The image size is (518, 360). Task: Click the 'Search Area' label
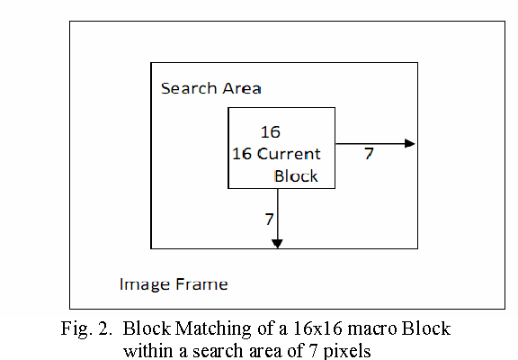pyautogui.click(x=210, y=88)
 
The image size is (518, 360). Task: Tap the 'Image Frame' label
pyautogui.click(x=174, y=284)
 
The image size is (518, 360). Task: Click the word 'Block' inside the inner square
pyautogui.click(x=296, y=175)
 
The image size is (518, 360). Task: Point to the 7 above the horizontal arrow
pyautogui.click(x=369, y=154)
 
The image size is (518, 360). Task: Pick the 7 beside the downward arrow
pyautogui.click(x=268, y=219)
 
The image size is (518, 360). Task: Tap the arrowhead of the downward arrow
pyautogui.click(x=277, y=242)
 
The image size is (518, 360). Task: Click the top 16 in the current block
pyautogui.click(x=270, y=132)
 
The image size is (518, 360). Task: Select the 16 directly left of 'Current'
pyautogui.click(x=242, y=153)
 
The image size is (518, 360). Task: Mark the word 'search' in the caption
pyautogui.click(x=202, y=350)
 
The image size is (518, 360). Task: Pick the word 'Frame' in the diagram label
pyautogui.click(x=201, y=284)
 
